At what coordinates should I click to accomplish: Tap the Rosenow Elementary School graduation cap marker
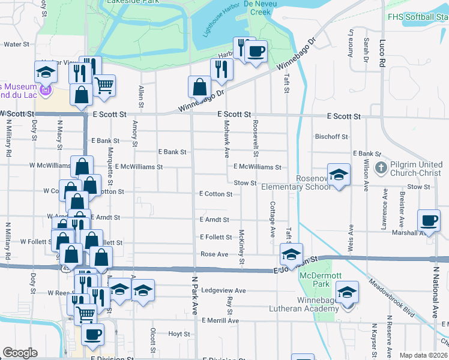pos(339,175)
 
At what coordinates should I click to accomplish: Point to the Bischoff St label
pos(331,137)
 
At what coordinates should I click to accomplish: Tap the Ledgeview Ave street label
pos(223,290)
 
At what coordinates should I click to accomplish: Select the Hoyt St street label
pos(179,334)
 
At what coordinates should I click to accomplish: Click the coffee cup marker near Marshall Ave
pos(429,221)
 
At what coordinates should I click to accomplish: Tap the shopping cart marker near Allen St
pos(104,86)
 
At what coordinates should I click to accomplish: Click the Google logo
pos(20,353)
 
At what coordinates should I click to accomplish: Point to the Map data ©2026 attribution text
pos(423,355)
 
